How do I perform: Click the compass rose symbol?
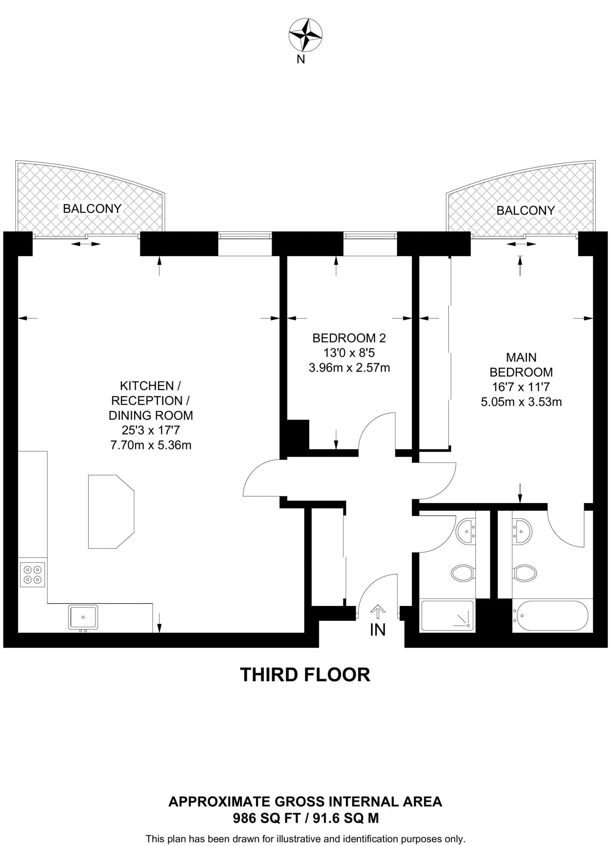[305, 35]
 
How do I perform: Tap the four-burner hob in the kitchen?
[33, 575]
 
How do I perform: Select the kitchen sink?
[83, 617]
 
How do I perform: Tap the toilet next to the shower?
[462, 573]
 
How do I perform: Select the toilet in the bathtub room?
[525, 573]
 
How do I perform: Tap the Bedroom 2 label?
[349, 338]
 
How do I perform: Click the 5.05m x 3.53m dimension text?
[521, 402]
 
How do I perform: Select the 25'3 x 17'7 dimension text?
[151, 430]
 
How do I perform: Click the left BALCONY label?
[92, 209]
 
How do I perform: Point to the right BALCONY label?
[525, 211]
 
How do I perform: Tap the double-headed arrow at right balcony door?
[521, 244]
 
